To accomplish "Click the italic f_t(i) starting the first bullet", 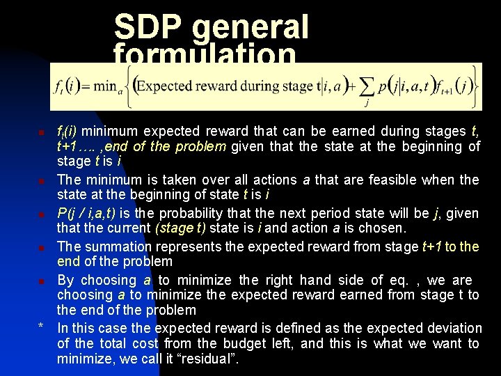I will coord(67,132).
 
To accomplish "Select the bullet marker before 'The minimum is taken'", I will coord(42,181).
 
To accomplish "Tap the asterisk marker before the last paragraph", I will coord(42,327).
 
